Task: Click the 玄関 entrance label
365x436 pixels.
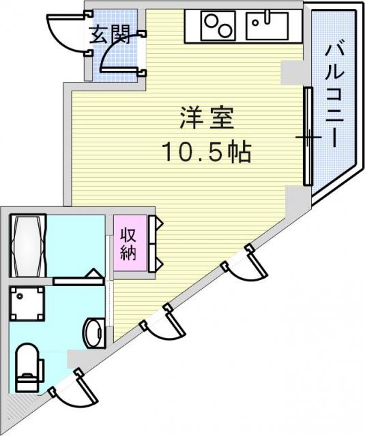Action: point(111,35)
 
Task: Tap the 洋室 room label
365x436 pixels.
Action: point(207,118)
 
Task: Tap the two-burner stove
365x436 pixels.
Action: point(218,26)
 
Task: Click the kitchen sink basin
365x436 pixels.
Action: point(267,26)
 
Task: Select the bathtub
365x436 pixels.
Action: point(28,245)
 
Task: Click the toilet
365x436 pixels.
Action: point(29,368)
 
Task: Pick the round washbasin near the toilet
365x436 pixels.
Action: point(96,333)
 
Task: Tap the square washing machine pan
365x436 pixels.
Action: point(27,303)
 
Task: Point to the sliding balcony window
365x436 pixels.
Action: point(308,136)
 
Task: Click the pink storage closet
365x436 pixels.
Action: point(130,243)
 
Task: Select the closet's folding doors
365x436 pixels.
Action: point(155,244)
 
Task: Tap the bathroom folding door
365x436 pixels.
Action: point(78,277)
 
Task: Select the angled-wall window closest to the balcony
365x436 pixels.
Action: point(244,262)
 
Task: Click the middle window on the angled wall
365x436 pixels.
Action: point(163,321)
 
